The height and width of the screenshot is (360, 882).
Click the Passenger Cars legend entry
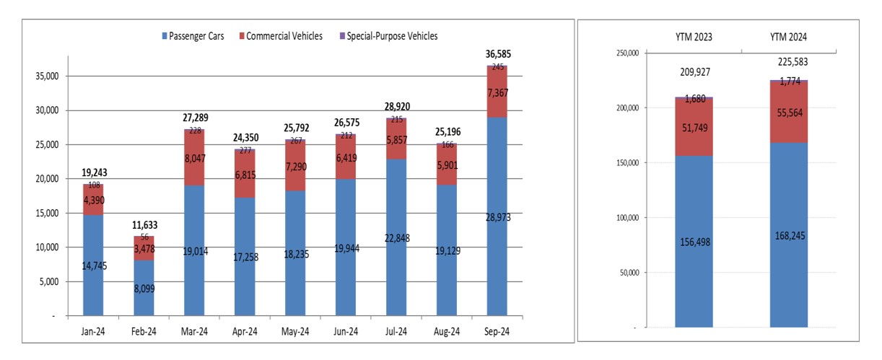click(x=193, y=36)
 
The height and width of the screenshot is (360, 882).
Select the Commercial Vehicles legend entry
click(x=281, y=36)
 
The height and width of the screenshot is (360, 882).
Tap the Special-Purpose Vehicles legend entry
click(x=388, y=36)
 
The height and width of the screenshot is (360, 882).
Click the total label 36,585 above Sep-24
click(x=498, y=54)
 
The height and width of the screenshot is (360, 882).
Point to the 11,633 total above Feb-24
click(x=144, y=225)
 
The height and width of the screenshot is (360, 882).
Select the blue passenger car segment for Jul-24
click(x=396, y=237)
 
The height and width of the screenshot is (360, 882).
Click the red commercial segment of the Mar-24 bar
click(x=194, y=158)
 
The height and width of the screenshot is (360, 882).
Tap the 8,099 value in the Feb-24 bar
click(x=144, y=289)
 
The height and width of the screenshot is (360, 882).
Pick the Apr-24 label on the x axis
click(x=245, y=332)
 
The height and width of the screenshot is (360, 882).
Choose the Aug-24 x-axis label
click(x=447, y=332)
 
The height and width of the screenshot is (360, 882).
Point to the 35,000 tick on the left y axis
click(x=47, y=76)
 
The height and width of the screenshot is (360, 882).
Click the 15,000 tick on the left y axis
click(x=47, y=214)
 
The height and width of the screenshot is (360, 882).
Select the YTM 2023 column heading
click(x=694, y=37)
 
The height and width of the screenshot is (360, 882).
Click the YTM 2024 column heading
click(x=788, y=37)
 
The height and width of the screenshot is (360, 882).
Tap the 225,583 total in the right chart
click(x=793, y=62)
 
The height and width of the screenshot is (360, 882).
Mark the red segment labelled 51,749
click(x=694, y=127)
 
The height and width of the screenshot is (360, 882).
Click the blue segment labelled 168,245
click(x=789, y=235)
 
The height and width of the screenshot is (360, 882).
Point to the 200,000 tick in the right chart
click(x=628, y=107)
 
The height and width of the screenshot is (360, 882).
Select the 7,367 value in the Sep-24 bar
click(x=498, y=93)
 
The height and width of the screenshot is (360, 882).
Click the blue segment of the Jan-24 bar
click(x=93, y=265)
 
